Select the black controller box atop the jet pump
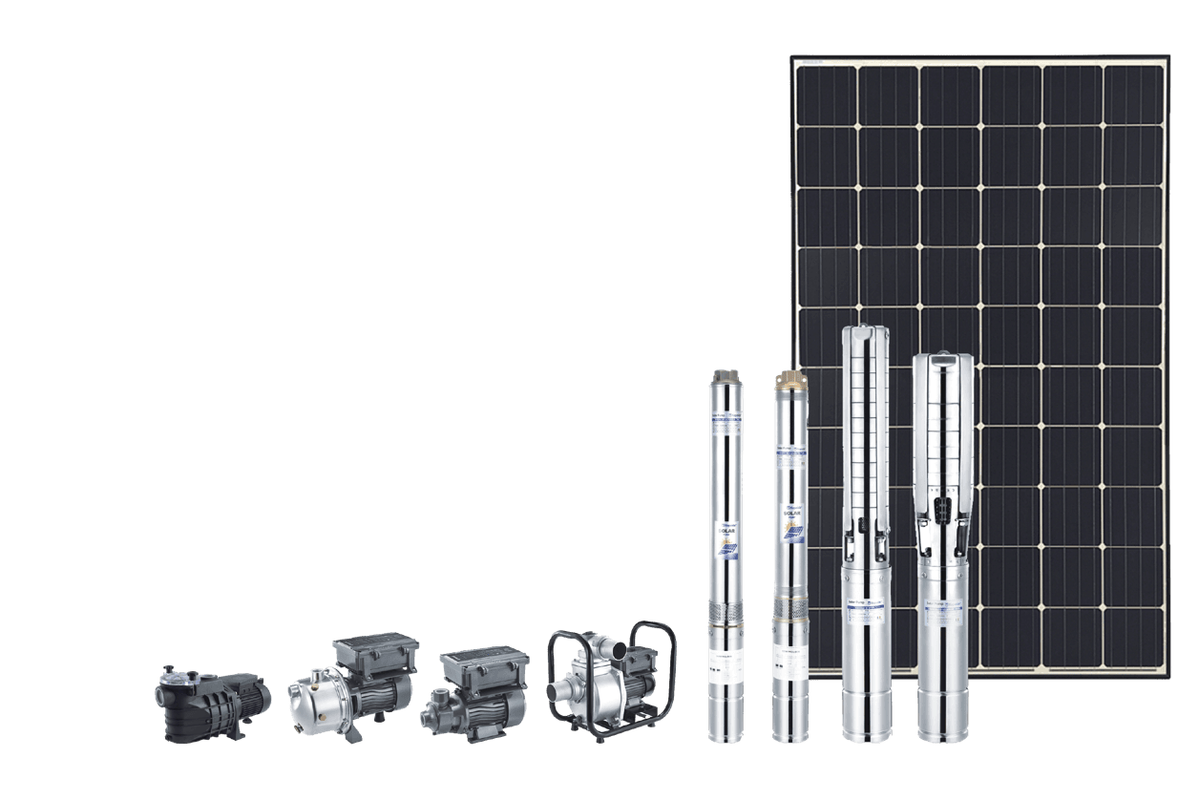(374, 656)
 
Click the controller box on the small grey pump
(485, 666)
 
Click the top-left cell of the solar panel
(825, 95)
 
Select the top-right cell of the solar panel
(1133, 95)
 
